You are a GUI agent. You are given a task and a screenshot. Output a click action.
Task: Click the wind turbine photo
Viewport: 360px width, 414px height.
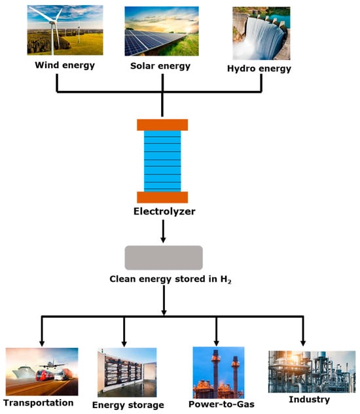coord(65,31)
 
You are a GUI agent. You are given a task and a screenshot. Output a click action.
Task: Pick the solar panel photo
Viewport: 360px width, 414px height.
coord(162,31)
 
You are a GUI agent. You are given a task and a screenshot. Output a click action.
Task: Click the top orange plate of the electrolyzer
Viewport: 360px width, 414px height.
coord(162,125)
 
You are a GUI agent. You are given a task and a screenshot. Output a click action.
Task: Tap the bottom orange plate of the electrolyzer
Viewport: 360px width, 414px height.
coord(162,197)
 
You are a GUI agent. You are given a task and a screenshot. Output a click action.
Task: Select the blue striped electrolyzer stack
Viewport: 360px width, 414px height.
coord(162,161)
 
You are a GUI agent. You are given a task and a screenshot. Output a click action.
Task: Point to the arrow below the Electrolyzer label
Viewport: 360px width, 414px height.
coord(162,232)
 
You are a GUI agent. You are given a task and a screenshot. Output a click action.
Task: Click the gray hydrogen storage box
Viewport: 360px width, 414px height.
coord(163,258)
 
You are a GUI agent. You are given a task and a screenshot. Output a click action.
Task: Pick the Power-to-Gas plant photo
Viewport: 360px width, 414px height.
coord(218,373)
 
